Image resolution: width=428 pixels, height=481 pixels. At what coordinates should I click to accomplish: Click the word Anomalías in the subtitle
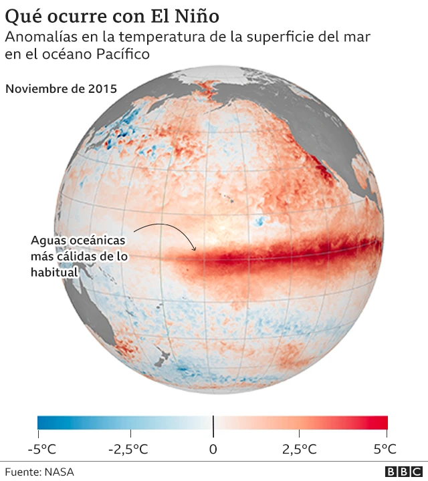pos(38,37)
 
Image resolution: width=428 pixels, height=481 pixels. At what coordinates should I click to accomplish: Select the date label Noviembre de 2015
pos(61,88)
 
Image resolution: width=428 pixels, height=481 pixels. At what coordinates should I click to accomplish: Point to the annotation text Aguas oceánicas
pos(79,240)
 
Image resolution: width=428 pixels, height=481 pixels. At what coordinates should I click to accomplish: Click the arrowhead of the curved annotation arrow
pos(195,249)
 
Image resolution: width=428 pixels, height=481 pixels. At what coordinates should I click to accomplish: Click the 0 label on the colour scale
pos(213,448)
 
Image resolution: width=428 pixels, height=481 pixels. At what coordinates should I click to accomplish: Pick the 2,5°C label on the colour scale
pos(299,448)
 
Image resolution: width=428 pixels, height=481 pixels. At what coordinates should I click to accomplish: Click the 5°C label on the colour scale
pos(385,448)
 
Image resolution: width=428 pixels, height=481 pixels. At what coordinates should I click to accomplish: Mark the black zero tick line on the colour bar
pos(213,423)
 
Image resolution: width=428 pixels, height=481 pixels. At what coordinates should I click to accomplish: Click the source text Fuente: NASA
pos(39,472)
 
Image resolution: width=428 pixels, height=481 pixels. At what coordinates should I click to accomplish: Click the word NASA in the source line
pos(60,472)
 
